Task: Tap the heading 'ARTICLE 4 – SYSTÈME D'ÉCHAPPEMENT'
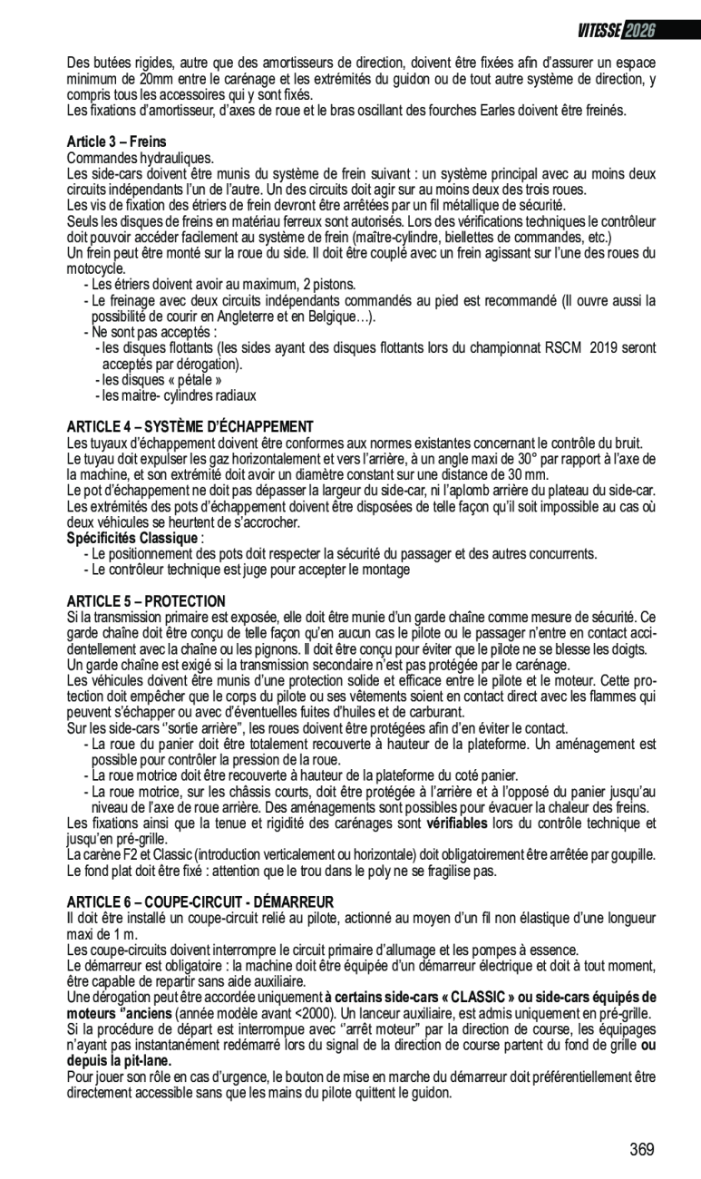coord(190,426)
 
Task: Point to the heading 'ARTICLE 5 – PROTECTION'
coord(146,601)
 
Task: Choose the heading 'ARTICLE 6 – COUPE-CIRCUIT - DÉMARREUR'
coord(200,901)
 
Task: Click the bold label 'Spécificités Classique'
coord(132,538)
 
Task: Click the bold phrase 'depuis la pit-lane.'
coord(119,1060)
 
